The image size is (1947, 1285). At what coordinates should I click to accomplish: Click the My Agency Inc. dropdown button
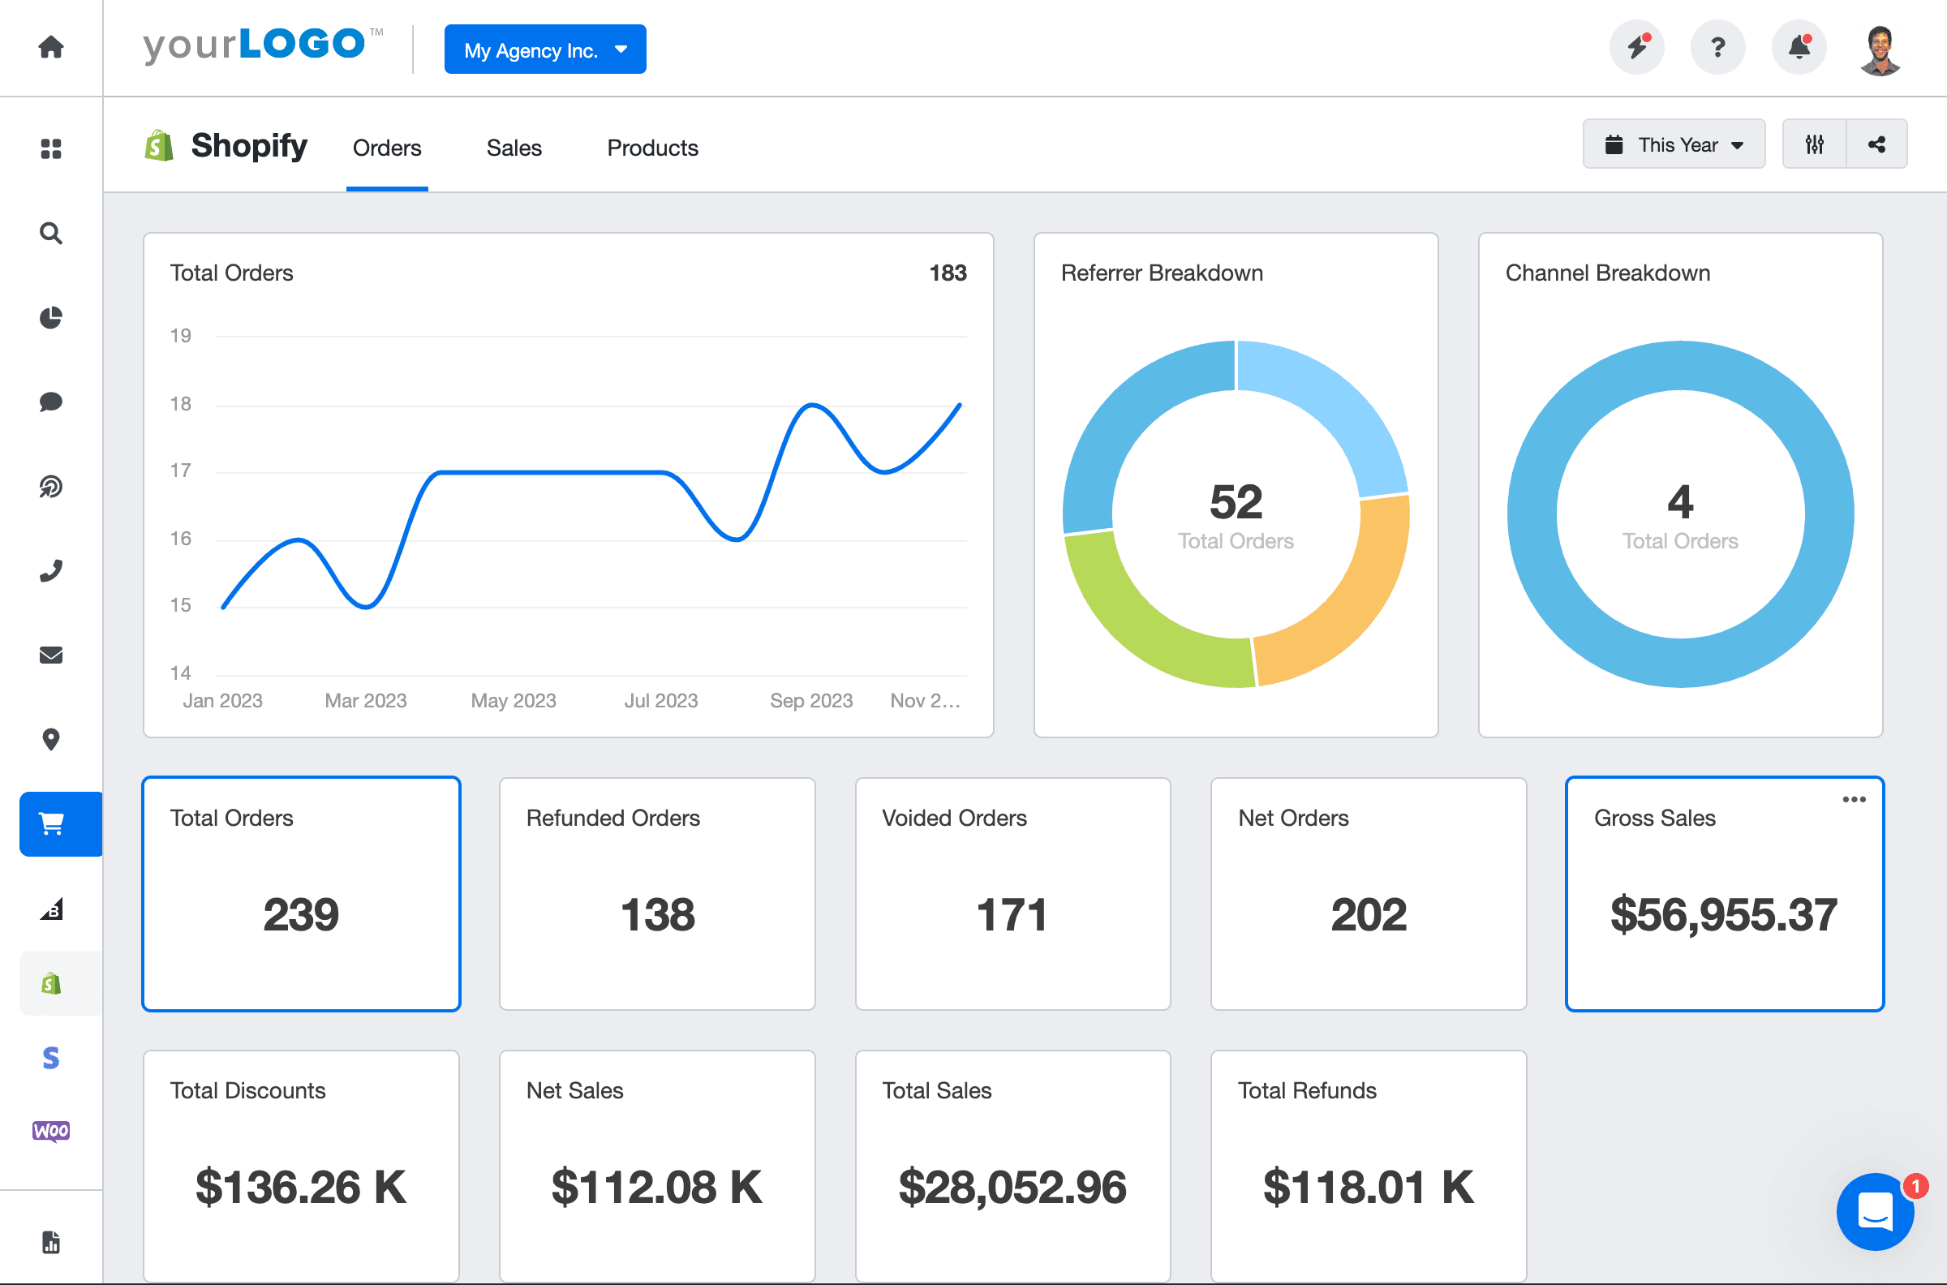pos(545,50)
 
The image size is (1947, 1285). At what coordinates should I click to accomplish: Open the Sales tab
pos(514,148)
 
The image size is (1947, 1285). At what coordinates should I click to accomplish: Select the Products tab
pos(652,148)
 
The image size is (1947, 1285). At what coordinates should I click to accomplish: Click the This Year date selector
pos(1674,145)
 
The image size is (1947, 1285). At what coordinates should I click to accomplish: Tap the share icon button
pos(1876,145)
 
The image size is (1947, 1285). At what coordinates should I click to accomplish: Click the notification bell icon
pos(1799,48)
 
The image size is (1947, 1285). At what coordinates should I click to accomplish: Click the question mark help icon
pos(1717,48)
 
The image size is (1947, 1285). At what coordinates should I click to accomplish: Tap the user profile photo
pos(1880,49)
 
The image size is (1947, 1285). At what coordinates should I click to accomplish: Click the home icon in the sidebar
pos(51,48)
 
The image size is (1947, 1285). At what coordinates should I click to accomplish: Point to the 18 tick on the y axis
pos(180,404)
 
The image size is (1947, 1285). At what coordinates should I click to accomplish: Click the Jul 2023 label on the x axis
pos(660,701)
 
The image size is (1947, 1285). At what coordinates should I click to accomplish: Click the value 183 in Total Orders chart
pos(948,273)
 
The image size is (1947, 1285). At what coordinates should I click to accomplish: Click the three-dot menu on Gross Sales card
pos(1854,800)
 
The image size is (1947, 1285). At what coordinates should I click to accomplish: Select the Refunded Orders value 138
pos(657,914)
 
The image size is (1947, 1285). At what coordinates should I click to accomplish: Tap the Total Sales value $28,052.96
pos(1012,1188)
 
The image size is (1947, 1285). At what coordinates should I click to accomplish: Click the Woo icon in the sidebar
pos(51,1131)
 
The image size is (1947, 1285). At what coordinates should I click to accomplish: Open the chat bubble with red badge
pos(1875,1211)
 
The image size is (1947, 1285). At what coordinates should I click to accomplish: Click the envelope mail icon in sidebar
pos(51,655)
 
